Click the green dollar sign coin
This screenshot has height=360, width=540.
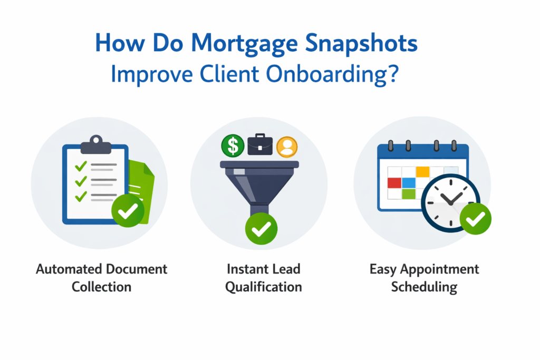click(233, 145)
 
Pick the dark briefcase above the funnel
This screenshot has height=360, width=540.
click(261, 144)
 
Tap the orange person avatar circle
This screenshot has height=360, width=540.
click(286, 146)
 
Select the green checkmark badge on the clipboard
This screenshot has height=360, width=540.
click(127, 211)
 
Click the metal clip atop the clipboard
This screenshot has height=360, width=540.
click(95, 142)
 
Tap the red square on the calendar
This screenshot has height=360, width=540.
click(394, 183)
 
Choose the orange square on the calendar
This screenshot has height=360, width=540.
click(422, 171)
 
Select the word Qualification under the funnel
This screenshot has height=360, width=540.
click(263, 287)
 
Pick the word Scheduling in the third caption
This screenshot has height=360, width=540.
click(424, 287)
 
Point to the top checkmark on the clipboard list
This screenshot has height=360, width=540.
click(81, 167)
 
